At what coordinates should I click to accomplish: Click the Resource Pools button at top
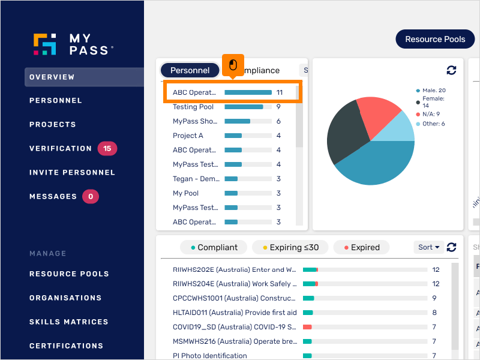click(435, 40)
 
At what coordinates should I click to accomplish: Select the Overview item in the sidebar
click(52, 77)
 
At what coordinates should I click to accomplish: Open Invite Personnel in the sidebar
click(72, 172)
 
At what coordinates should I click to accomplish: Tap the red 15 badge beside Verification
click(107, 148)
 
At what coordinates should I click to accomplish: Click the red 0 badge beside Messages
click(90, 196)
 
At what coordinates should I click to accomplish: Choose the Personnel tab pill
click(190, 70)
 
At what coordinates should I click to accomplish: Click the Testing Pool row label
click(193, 107)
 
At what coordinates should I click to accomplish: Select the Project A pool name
click(188, 136)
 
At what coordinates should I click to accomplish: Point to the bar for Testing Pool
click(244, 107)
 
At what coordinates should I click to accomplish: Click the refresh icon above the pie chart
click(452, 70)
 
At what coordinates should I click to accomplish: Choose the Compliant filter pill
click(214, 247)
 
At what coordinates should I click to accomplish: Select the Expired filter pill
click(362, 247)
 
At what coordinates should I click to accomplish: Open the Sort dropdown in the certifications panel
click(428, 247)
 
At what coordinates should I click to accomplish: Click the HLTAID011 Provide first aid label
click(235, 313)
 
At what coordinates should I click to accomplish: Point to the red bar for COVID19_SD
click(307, 327)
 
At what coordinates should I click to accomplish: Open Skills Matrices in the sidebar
click(68, 322)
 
